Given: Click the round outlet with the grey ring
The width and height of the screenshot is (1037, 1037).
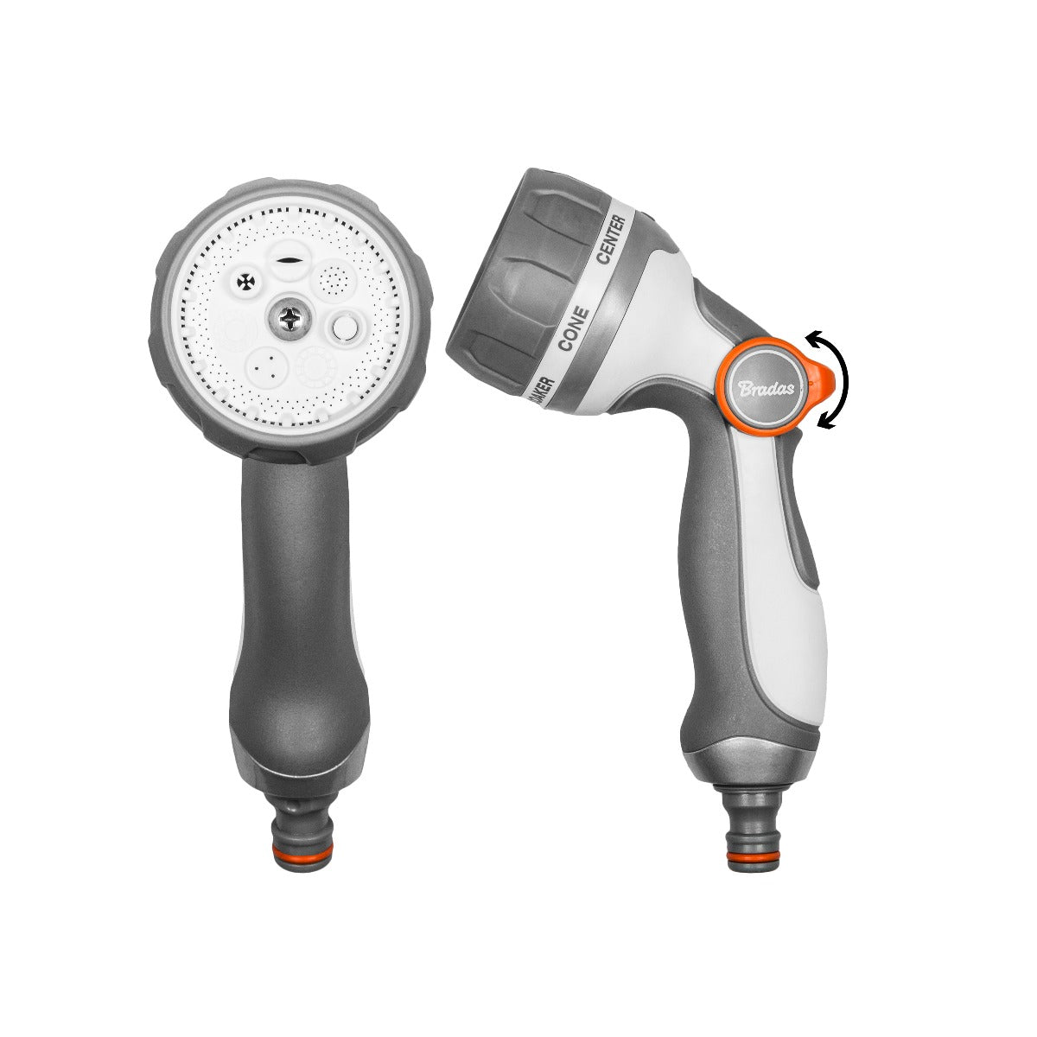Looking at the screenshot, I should (x=345, y=328).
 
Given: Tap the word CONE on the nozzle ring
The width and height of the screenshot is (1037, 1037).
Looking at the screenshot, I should (x=574, y=328).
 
